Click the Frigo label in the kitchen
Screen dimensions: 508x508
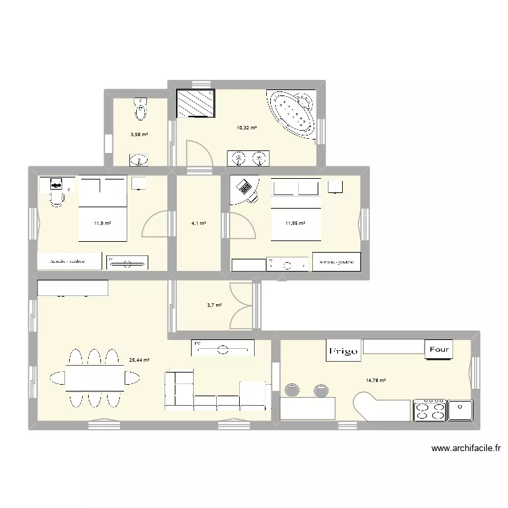pyautogui.click(x=343, y=351)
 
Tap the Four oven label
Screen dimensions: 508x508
pyautogui.click(x=437, y=350)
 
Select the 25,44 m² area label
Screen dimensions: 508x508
pyautogui.click(x=140, y=360)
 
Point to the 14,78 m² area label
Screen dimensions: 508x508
pyautogui.click(x=376, y=380)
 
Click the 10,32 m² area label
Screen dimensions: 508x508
pyautogui.click(x=247, y=127)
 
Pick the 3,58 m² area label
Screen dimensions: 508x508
pyautogui.click(x=139, y=134)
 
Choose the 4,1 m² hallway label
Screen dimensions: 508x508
pyautogui.click(x=198, y=224)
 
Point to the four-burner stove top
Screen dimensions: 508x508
pyautogui.click(x=429, y=410)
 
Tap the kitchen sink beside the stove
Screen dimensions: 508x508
pyautogui.click(x=460, y=410)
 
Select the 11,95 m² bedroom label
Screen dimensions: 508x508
pyautogui.click(x=295, y=224)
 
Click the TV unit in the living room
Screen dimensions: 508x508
pyautogui.click(x=223, y=349)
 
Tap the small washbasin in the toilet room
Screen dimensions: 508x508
pyautogui.click(x=139, y=161)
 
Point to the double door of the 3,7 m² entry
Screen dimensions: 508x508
pyautogui.click(x=240, y=305)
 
